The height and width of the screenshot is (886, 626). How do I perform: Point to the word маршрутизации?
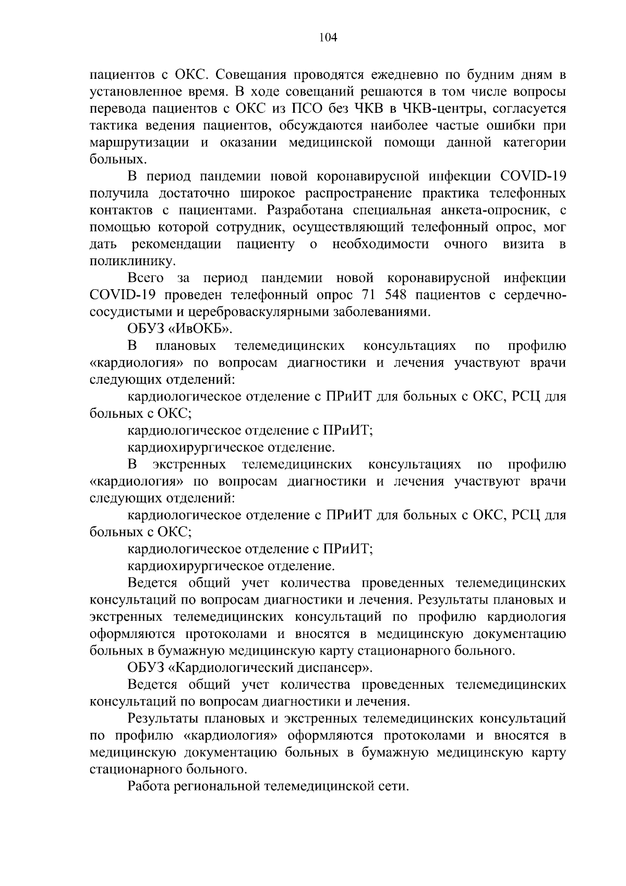139,143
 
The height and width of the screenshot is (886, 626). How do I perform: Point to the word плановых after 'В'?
186,346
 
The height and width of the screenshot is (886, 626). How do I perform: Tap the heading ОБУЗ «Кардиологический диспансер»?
250,667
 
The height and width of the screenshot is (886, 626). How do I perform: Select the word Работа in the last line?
148,786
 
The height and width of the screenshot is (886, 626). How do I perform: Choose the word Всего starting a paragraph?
146,278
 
